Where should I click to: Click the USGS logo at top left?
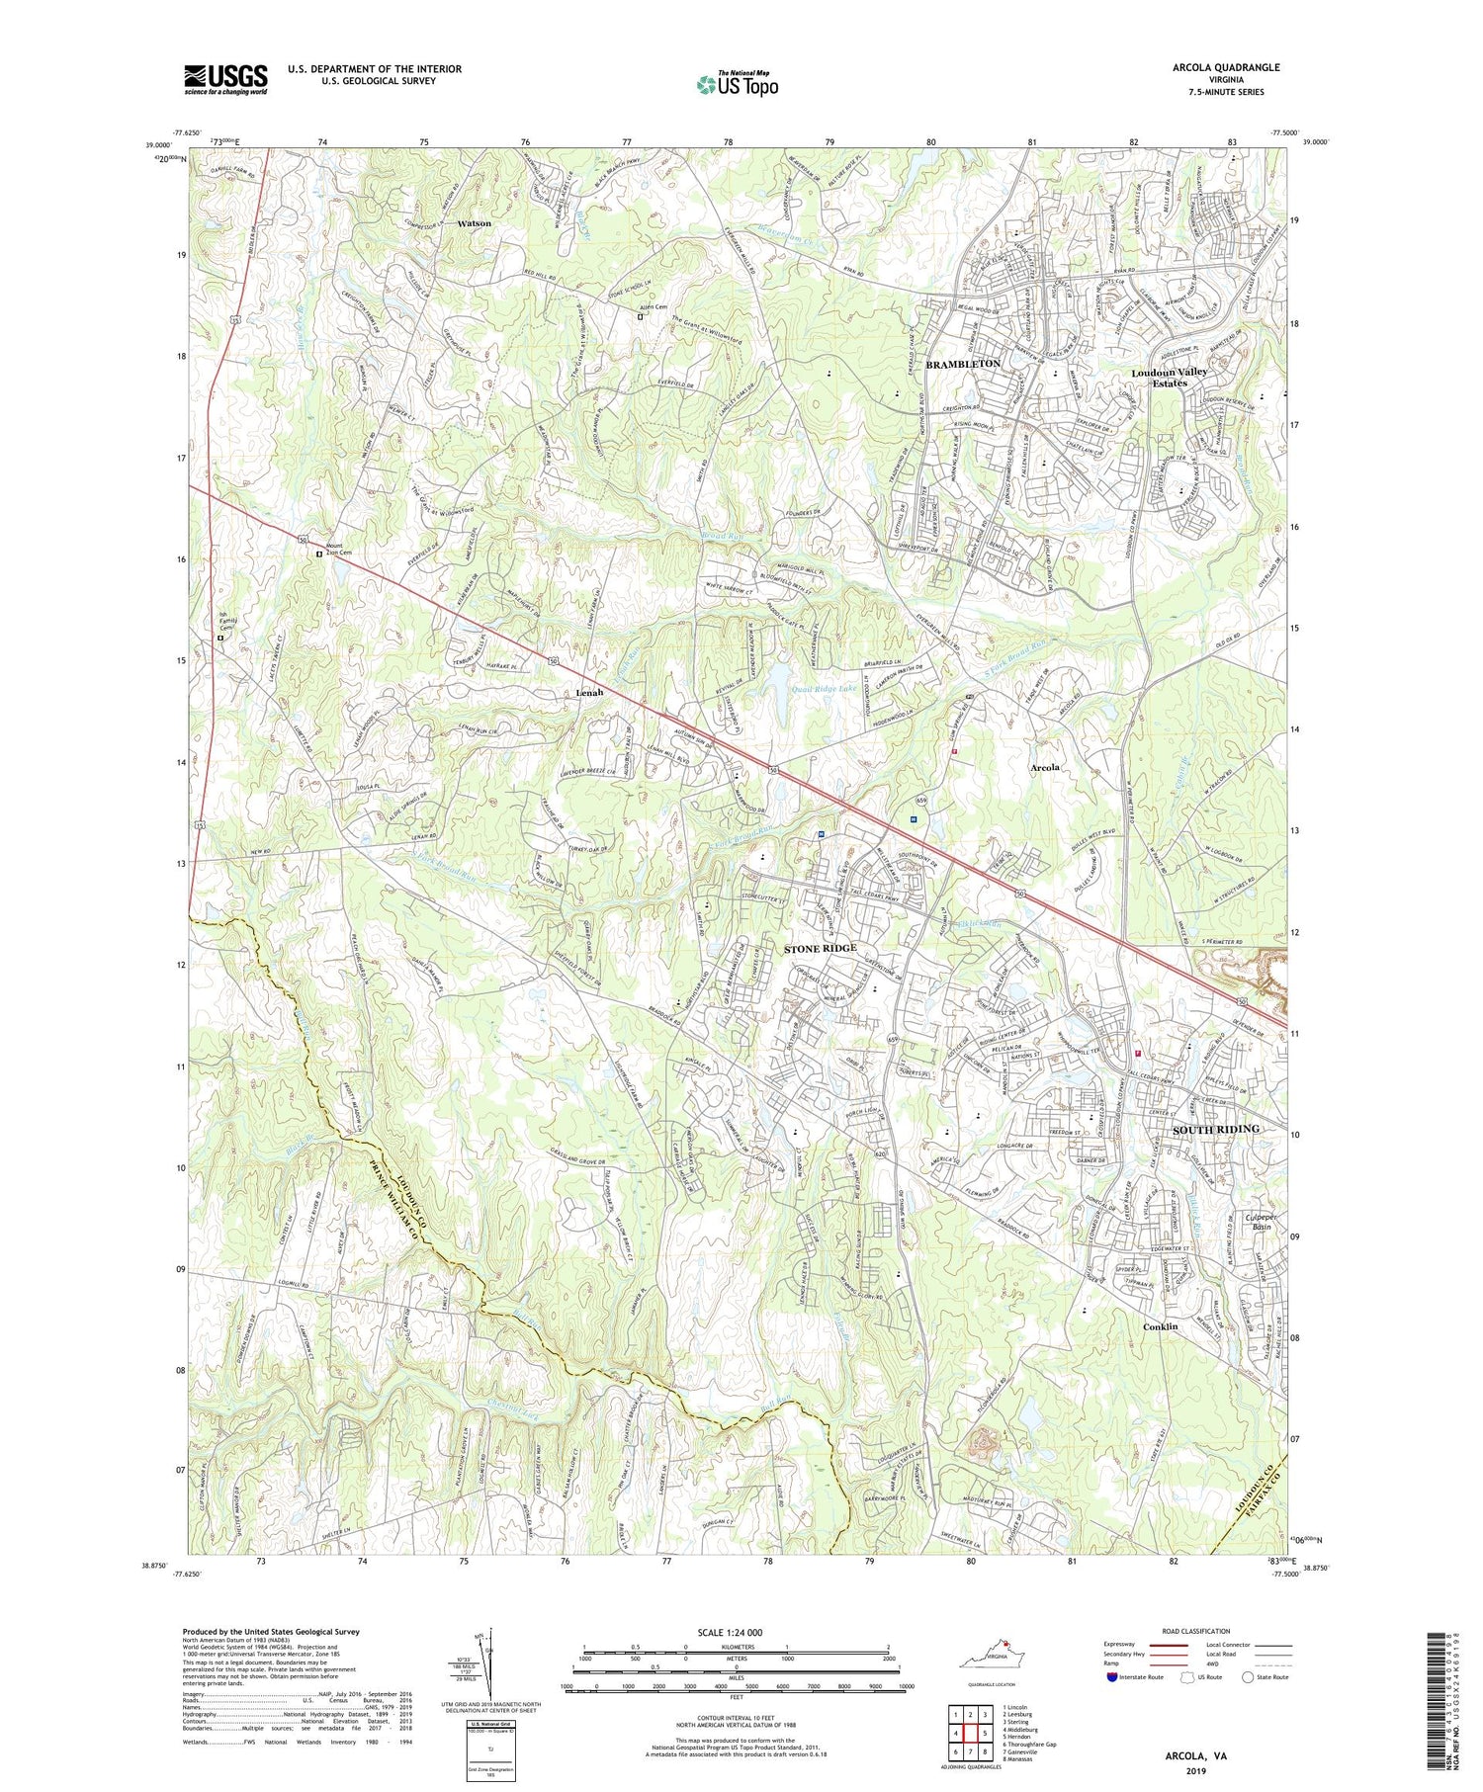(225, 79)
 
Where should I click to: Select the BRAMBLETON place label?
(963, 365)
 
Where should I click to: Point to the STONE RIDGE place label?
(821, 948)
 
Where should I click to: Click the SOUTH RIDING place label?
(1216, 1129)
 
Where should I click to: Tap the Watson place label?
(474, 223)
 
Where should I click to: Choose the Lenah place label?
(591, 693)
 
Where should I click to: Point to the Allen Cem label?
(654, 307)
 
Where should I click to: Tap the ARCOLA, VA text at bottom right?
(1195, 1756)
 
